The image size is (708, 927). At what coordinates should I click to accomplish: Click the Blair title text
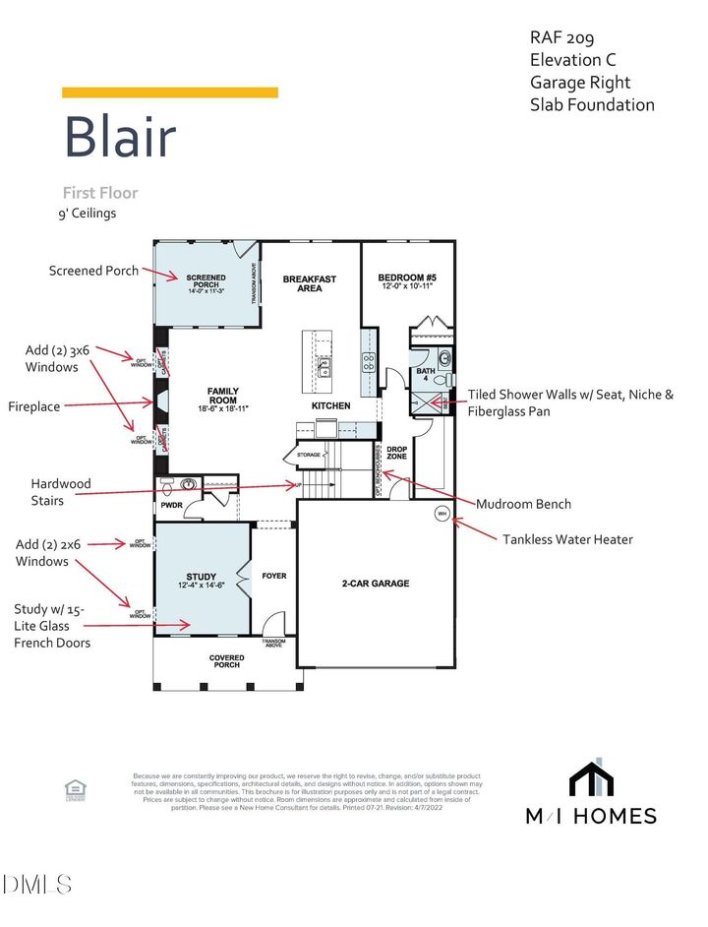point(120,137)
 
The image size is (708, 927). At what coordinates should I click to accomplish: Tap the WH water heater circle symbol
point(442,512)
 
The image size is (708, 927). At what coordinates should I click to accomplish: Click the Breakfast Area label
point(310,283)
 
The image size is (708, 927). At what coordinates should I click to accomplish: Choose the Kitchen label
point(331,405)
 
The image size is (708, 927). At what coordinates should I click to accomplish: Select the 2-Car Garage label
point(376,584)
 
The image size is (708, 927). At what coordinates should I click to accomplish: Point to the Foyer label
point(274,576)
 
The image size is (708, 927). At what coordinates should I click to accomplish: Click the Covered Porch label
point(226,660)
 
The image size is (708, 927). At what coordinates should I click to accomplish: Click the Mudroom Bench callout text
point(523,504)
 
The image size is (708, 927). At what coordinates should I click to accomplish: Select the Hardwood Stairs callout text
point(61,492)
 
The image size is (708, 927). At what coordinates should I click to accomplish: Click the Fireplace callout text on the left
point(37,404)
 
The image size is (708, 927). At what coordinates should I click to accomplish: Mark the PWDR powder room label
point(172,506)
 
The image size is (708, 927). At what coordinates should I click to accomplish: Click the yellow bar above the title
point(170,93)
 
